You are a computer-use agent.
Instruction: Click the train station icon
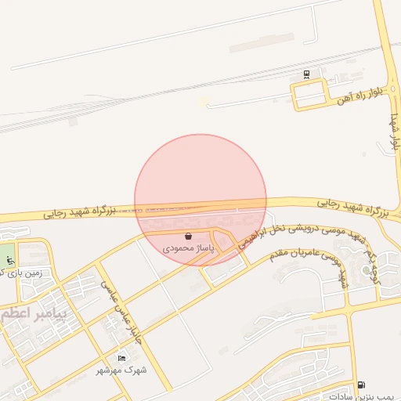306,75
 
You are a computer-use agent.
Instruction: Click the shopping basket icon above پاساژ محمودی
188,236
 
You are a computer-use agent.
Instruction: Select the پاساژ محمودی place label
189,247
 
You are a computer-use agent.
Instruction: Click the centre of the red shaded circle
200,200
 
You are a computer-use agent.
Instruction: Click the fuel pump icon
360,385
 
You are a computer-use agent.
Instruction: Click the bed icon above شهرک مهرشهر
121,358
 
